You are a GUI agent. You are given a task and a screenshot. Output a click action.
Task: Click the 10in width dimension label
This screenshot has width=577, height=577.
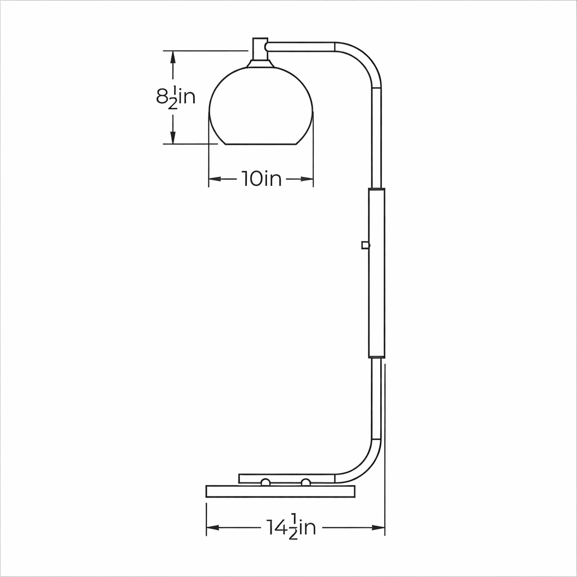261,179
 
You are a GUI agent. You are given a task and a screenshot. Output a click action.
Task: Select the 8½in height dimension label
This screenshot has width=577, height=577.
176,97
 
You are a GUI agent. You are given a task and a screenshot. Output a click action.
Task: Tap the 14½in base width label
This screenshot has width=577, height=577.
291,527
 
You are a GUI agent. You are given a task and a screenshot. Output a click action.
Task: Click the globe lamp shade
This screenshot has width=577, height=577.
261,106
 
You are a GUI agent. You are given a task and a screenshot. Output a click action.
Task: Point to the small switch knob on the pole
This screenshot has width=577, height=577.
365,245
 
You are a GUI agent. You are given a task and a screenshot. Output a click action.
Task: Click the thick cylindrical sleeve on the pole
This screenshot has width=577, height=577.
376,273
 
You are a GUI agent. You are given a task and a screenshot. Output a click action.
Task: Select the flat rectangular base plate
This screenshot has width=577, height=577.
281,491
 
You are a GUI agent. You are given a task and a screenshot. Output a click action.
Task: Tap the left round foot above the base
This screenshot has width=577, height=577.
265,482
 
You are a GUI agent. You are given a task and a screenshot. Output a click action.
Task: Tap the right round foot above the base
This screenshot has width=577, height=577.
305,482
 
